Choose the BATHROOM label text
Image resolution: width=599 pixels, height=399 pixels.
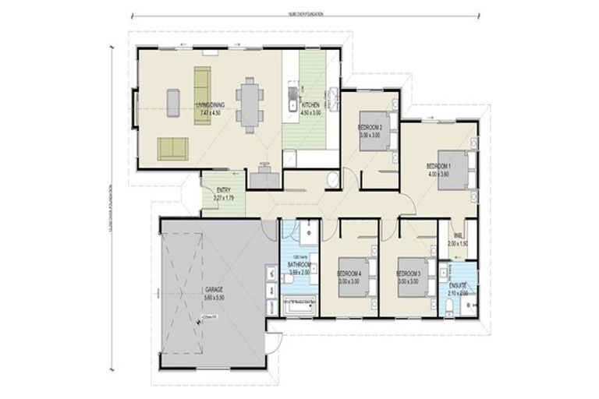(299, 265)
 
